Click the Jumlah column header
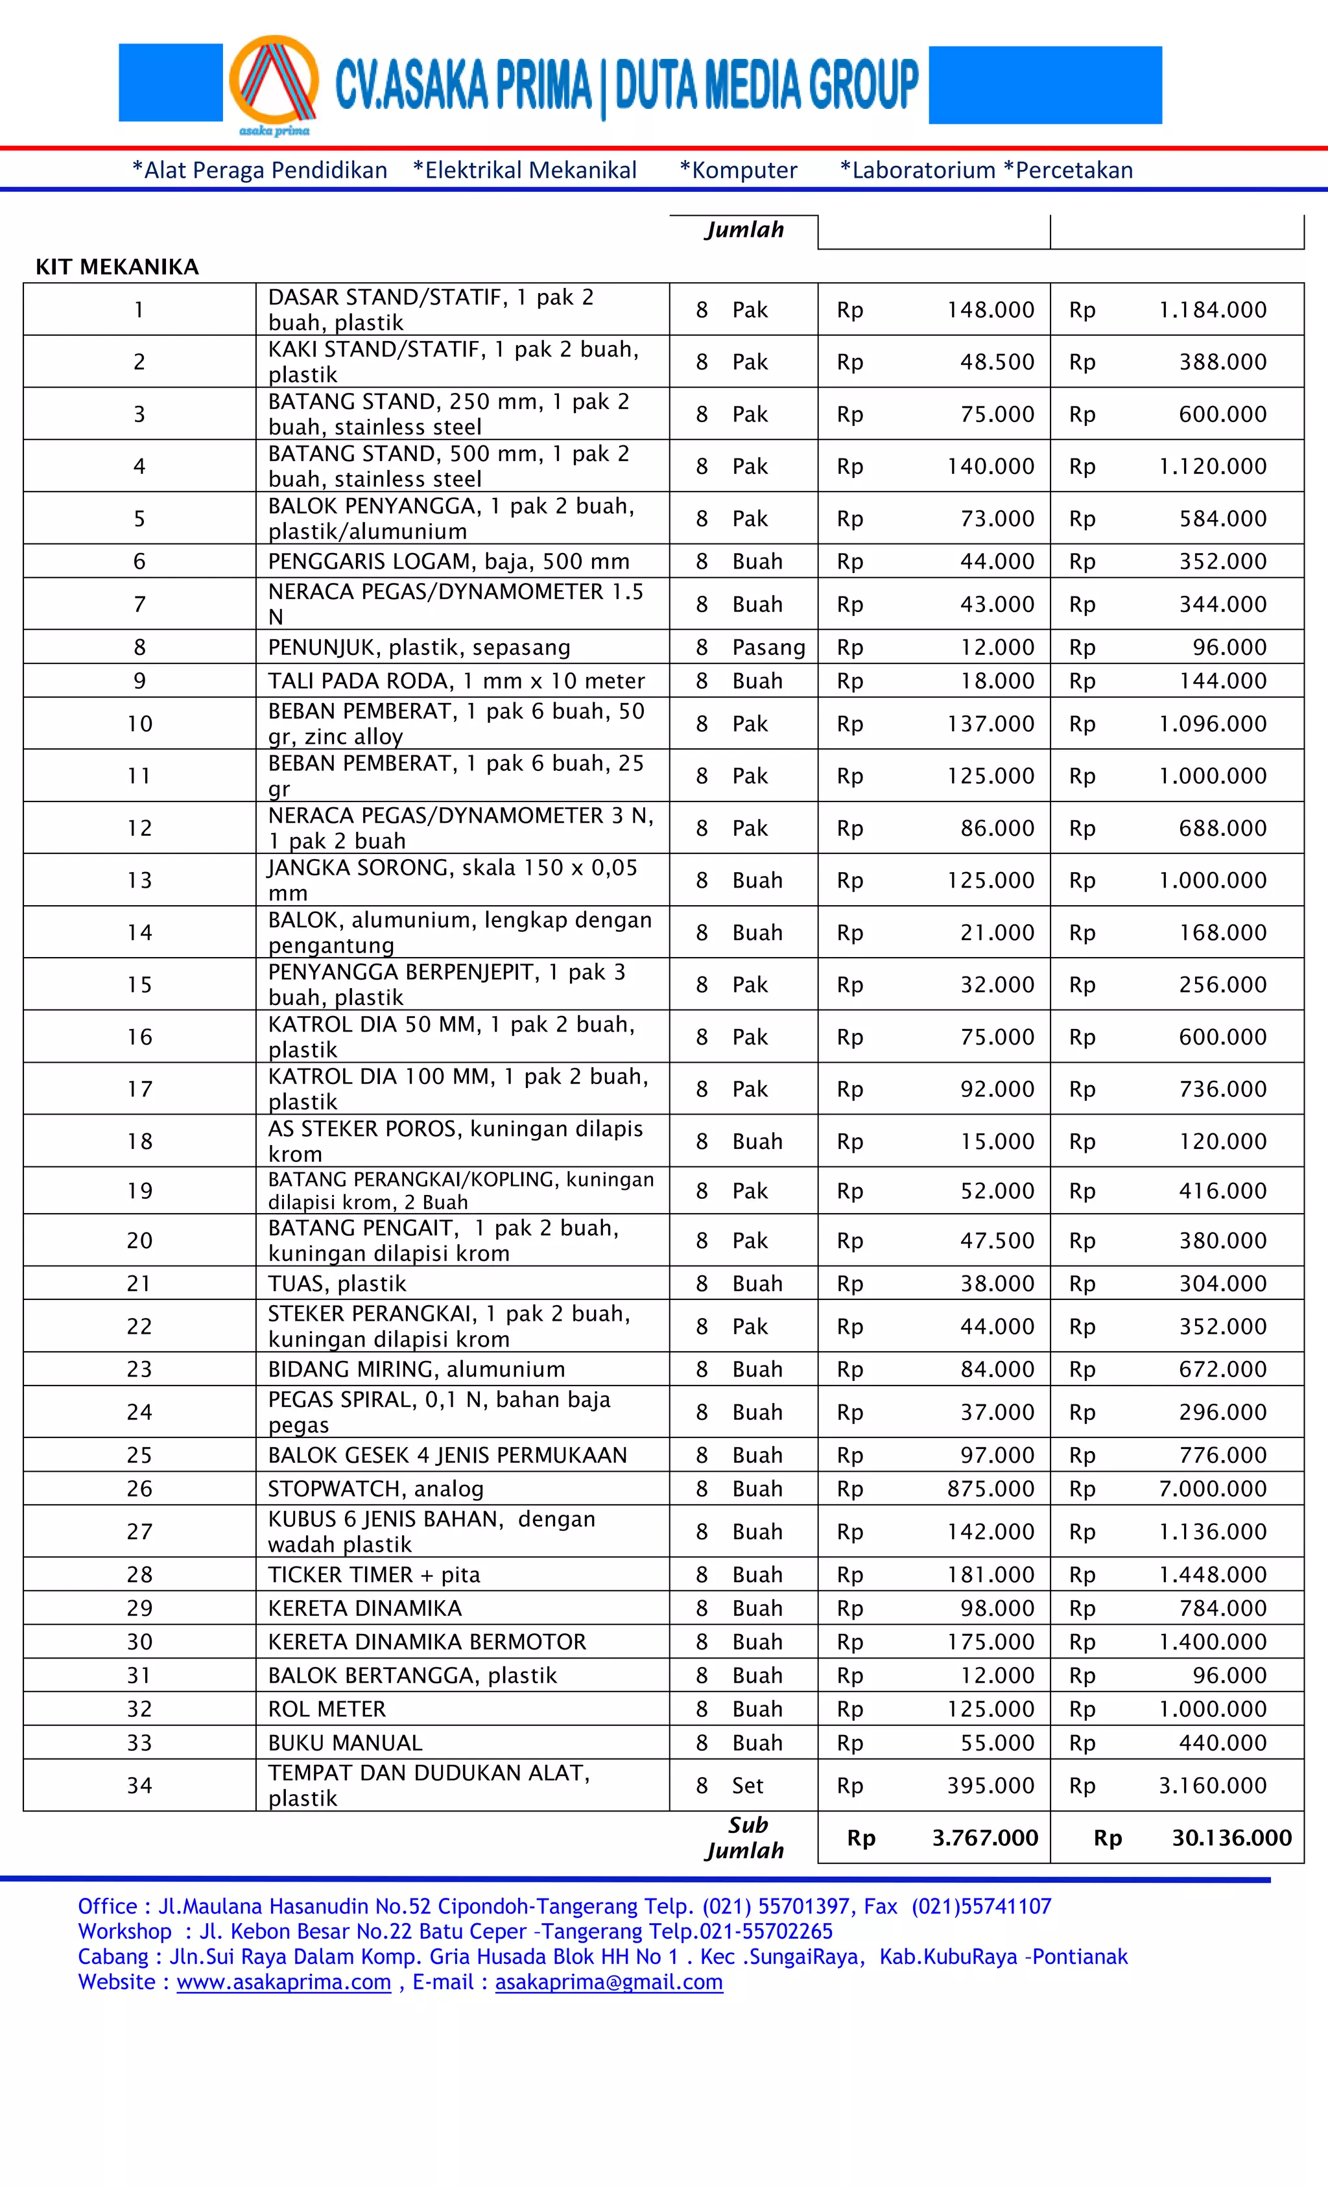[x=744, y=230]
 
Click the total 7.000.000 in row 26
[x=1212, y=1489]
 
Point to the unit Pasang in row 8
[x=768, y=647]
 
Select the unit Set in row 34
[x=748, y=1785]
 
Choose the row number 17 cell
[x=139, y=1089]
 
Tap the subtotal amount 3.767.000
[x=984, y=1838]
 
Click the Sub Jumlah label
[x=746, y=1838]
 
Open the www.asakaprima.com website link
[x=283, y=1982]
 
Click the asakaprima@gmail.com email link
[x=608, y=1982]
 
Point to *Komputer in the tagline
[x=738, y=171]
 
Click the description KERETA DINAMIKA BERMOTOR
[x=427, y=1642]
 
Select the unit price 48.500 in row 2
[x=996, y=362]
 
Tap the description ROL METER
[x=327, y=1708]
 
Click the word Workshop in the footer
[x=124, y=1932]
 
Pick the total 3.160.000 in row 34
[x=1212, y=1785]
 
